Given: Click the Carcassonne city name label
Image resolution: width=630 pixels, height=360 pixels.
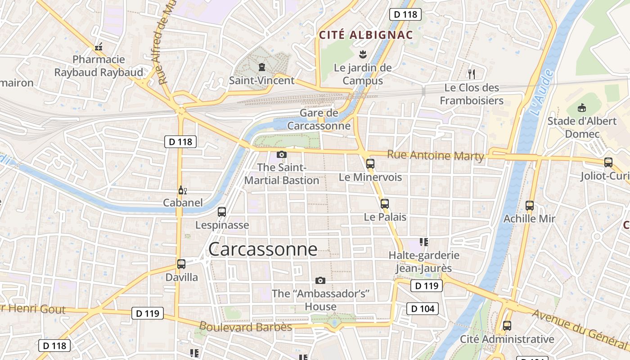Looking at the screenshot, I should [x=263, y=249].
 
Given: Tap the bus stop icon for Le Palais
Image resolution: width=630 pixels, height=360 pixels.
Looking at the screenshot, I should [x=385, y=203].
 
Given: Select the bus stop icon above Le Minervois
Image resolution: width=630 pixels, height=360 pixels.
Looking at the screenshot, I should [x=370, y=164].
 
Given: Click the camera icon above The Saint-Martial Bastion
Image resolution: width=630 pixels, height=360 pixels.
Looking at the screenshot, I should [x=282, y=154].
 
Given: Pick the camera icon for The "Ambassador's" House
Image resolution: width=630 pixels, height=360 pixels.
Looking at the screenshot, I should [x=320, y=280].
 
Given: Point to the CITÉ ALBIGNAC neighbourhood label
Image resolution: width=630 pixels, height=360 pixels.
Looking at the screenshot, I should [x=366, y=35].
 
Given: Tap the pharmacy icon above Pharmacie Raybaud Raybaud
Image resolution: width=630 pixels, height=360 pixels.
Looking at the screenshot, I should [x=99, y=46].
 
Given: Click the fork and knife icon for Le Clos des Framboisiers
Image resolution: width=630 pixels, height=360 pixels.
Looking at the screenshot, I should [x=472, y=74].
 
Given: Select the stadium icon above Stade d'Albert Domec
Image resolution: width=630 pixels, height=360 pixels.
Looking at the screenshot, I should [x=582, y=108].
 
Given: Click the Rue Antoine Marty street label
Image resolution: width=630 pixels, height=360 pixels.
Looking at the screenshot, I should [x=435, y=156].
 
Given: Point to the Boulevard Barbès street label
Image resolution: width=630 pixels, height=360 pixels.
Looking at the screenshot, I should [x=245, y=327].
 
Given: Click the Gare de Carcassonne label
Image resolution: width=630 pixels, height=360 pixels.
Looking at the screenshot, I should [x=319, y=119].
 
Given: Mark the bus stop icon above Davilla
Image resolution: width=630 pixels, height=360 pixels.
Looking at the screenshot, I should [x=181, y=264].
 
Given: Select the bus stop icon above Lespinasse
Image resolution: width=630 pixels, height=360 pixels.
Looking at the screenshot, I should [x=222, y=211].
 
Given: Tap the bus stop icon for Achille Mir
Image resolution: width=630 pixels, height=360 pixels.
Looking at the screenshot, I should [x=530, y=206].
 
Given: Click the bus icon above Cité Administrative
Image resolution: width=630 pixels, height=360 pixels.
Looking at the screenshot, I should [x=507, y=325].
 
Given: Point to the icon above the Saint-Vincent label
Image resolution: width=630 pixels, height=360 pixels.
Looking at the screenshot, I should [x=261, y=67].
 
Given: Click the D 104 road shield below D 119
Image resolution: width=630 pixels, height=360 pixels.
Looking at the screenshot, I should [x=423, y=308].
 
